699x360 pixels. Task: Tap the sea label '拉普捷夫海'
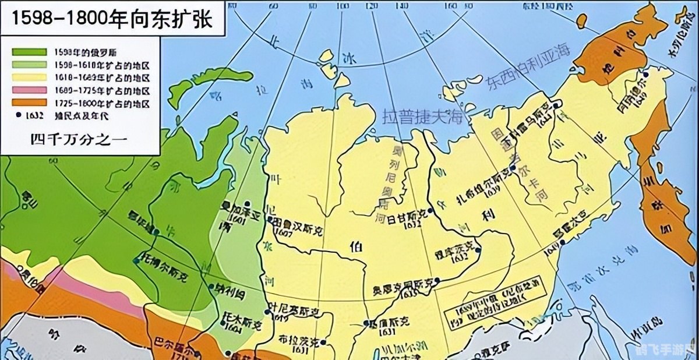[x=422, y=118]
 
